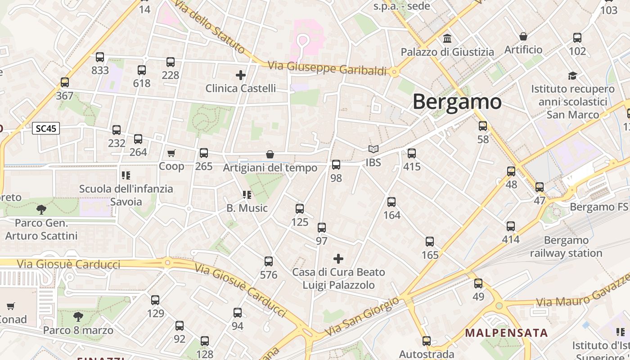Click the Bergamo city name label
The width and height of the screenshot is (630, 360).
click(x=457, y=102)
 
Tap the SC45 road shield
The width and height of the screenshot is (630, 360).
click(x=46, y=129)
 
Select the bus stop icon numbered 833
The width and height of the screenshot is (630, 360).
click(x=100, y=57)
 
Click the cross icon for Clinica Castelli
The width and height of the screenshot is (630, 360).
click(x=241, y=75)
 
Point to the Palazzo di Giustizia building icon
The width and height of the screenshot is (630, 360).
click(x=447, y=38)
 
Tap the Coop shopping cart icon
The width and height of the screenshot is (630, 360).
click(x=171, y=153)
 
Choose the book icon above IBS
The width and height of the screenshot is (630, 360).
click(x=373, y=149)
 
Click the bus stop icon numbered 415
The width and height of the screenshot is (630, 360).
click(x=412, y=153)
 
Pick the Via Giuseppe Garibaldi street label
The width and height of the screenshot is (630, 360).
click(x=327, y=68)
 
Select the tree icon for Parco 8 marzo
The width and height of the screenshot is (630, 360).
click(x=78, y=316)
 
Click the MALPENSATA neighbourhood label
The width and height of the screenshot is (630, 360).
click(x=506, y=333)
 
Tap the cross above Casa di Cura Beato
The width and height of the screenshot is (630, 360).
click(x=338, y=259)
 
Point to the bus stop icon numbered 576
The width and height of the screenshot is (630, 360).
click(x=269, y=261)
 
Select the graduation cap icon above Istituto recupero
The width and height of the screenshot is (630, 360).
click(x=572, y=76)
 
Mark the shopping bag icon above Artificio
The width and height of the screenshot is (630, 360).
click(x=523, y=36)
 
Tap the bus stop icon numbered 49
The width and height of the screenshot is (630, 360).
click(x=478, y=283)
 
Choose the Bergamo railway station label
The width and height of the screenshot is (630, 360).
click(x=566, y=247)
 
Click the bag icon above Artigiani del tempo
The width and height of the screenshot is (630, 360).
click(x=270, y=154)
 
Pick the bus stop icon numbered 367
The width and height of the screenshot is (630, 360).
click(x=65, y=82)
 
